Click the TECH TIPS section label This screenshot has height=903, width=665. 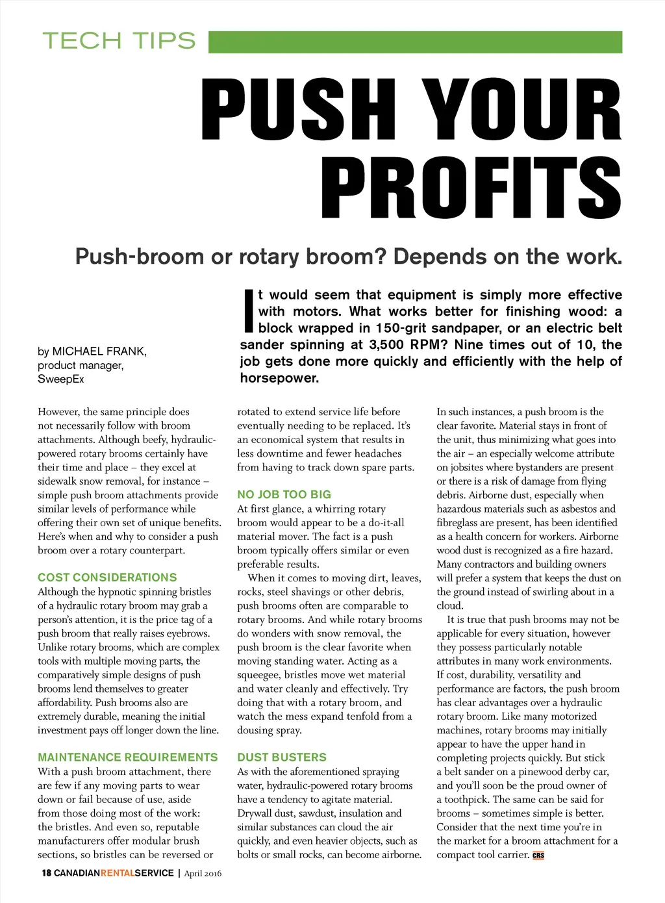[119, 41]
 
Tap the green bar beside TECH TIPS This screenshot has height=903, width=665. [415, 42]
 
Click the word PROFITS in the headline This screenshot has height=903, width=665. [471, 189]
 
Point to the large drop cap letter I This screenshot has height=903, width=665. [247, 311]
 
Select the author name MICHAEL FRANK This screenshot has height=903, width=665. [99, 351]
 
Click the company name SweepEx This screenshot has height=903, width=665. [60, 379]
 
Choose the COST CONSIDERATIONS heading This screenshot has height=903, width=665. [107, 578]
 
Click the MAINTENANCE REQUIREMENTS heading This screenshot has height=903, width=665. [128, 757]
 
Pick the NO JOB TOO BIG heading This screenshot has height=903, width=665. [284, 494]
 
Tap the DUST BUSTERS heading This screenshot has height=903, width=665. [282, 757]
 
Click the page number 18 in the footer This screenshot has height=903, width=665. [46, 873]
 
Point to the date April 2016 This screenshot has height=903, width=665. [203, 874]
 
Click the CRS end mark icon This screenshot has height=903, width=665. [538, 856]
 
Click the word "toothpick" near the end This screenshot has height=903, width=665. [467, 800]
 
